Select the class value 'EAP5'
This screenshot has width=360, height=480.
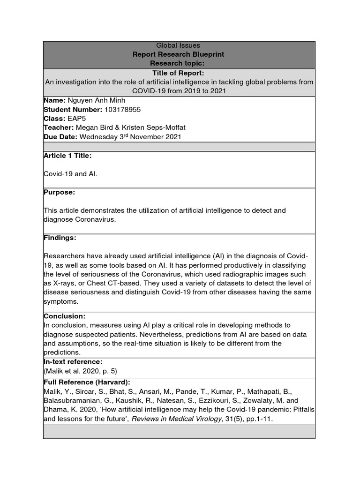tap(73, 119)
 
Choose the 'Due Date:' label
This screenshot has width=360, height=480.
tap(60, 137)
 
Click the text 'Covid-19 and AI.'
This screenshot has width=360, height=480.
tap(71, 174)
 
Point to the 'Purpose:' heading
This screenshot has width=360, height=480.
tap(59, 192)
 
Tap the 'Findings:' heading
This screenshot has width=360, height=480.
tap(60, 238)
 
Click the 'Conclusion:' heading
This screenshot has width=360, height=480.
tap(64, 316)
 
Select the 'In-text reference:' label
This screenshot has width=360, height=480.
tap(73, 362)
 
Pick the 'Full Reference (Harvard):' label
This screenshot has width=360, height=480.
tap(86, 382)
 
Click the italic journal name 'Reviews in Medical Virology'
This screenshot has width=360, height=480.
tap(176, 419)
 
